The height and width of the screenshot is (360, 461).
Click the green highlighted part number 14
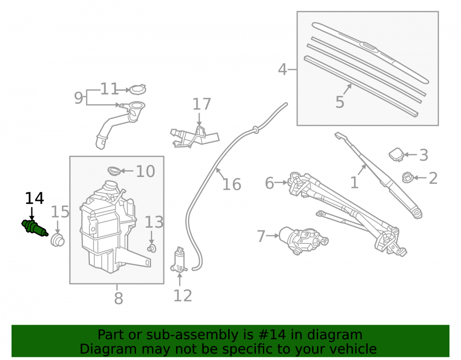pyautogui.click(x=35, y=228)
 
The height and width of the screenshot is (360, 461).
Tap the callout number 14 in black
pyautogui.click(x=35, y=198)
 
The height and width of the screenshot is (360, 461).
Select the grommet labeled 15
pyautogui.click(x=57, y=240)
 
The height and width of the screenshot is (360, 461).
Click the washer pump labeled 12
pyautogui.click(x=179, y=260)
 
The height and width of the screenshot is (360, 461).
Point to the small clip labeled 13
pyautogui.click(x=151, y=248)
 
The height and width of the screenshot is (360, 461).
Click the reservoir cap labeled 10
pyautogui.click(x=114, y=171)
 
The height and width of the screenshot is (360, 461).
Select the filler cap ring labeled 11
pyautogui.click(x=137, y=89)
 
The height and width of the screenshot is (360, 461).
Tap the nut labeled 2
pyautogui.click(x=408, y=177)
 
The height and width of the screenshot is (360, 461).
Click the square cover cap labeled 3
pyautogui.click(x=396, y=155)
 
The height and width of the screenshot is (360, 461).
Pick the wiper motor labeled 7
pyautogui.click(x=303, y=240)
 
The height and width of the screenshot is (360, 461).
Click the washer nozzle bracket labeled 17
pyautogui.click(x=194, y=136)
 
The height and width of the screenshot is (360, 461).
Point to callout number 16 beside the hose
pyautogui.click(x=232, y=184)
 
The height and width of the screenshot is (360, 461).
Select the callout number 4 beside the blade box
pyautogui.click(x=282, y=70)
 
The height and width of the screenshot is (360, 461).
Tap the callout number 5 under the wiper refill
pyautogui.click(x=340, y=102)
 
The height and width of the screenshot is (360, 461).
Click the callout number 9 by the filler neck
pyautogui.click(x=78, y=98)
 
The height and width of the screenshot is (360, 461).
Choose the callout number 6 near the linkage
pyautogui.click(x=269, y=183)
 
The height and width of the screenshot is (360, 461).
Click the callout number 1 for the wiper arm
pyautogui.click(x=354, y=183)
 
